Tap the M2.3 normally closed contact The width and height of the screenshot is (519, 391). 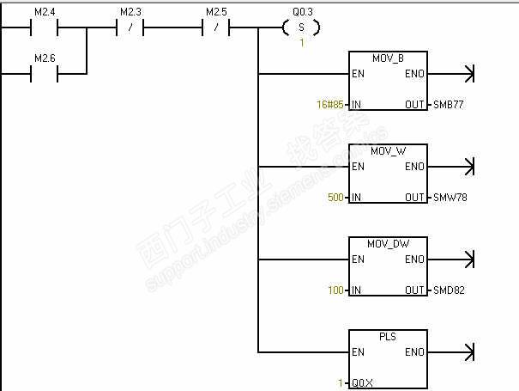click(130, 27)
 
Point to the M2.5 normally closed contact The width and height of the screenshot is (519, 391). click(215, 27)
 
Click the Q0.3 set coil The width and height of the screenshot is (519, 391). click(301, 27)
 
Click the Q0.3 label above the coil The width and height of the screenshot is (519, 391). click(301, 12)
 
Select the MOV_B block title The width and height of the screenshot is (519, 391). click(388, 58)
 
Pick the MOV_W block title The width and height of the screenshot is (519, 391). click(388, 151)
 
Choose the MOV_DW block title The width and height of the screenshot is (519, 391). click(388, 244)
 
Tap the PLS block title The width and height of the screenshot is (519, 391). click(388, 337)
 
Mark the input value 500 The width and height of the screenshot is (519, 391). click(335, 198)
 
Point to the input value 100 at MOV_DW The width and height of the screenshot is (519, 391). click(335, 290)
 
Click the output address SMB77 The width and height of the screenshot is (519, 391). click(450, 105)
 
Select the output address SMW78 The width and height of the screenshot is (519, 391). click(450, 198)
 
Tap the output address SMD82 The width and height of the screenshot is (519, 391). click(450, 290)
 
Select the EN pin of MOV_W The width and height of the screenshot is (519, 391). click(357, 167)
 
